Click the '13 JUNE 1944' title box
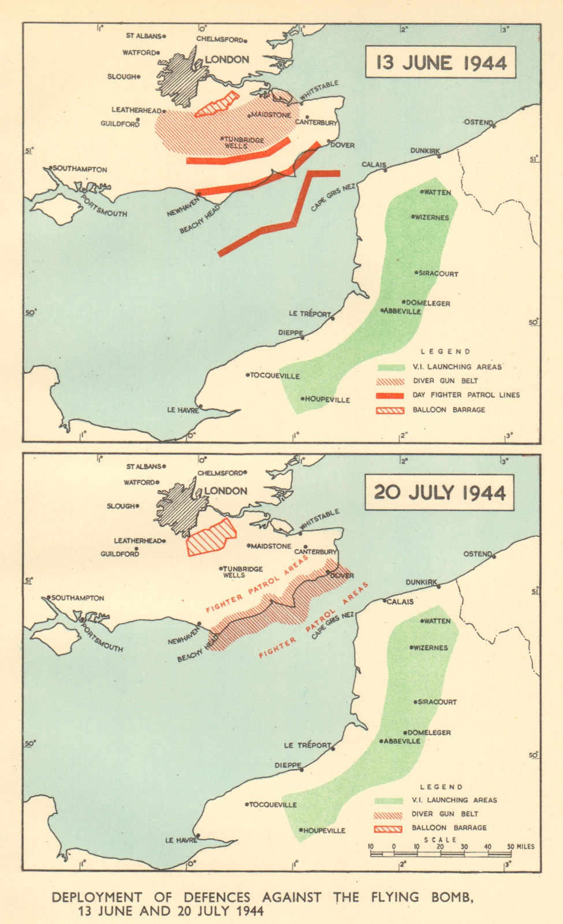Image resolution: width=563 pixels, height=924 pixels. (441, 62)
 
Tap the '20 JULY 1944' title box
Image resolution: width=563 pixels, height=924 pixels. (439, 493)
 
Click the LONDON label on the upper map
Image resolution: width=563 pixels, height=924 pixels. (227, 59)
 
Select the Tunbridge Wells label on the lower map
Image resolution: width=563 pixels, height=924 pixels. (243, 572)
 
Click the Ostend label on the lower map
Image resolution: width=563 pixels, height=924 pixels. (478, 554)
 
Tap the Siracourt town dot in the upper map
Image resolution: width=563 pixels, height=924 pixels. (416, 273)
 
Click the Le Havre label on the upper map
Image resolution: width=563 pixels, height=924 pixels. (182, 410)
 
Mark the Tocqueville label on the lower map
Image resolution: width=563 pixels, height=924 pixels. (273, 804)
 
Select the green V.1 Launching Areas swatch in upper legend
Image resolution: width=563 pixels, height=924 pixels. (391, 367)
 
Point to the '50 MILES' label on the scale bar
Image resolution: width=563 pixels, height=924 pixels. (521, 847)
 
